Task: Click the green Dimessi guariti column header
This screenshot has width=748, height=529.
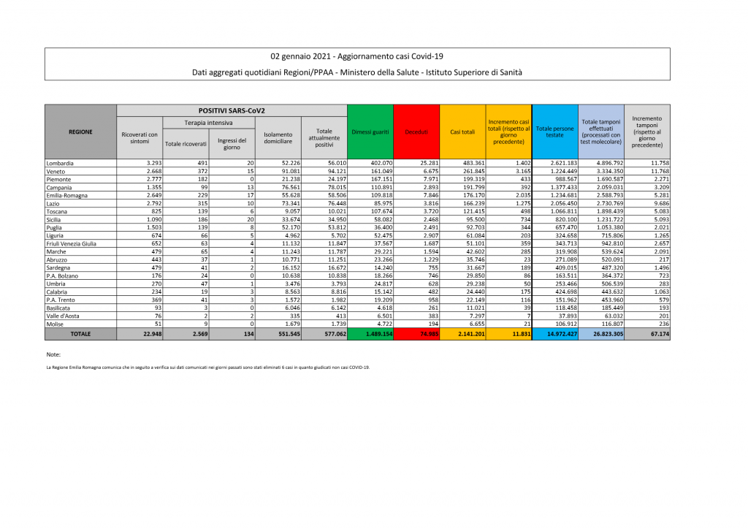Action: coord(370,132)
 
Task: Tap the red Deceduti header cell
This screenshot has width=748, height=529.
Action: coord(416,132)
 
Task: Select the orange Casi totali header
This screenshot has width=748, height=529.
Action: coord(462,132)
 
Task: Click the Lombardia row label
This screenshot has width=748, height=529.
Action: coord(59,162)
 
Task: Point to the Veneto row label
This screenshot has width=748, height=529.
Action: coord(56,170)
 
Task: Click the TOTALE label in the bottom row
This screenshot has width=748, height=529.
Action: coord(80,333)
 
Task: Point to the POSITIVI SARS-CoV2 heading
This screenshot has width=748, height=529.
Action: coord(232,110)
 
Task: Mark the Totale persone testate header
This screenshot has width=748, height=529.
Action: coord(555,132)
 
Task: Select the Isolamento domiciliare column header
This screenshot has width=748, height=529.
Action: coord(278,137)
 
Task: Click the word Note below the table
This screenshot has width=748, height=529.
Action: coord(53,353)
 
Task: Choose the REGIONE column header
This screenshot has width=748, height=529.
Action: coord(80,132)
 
